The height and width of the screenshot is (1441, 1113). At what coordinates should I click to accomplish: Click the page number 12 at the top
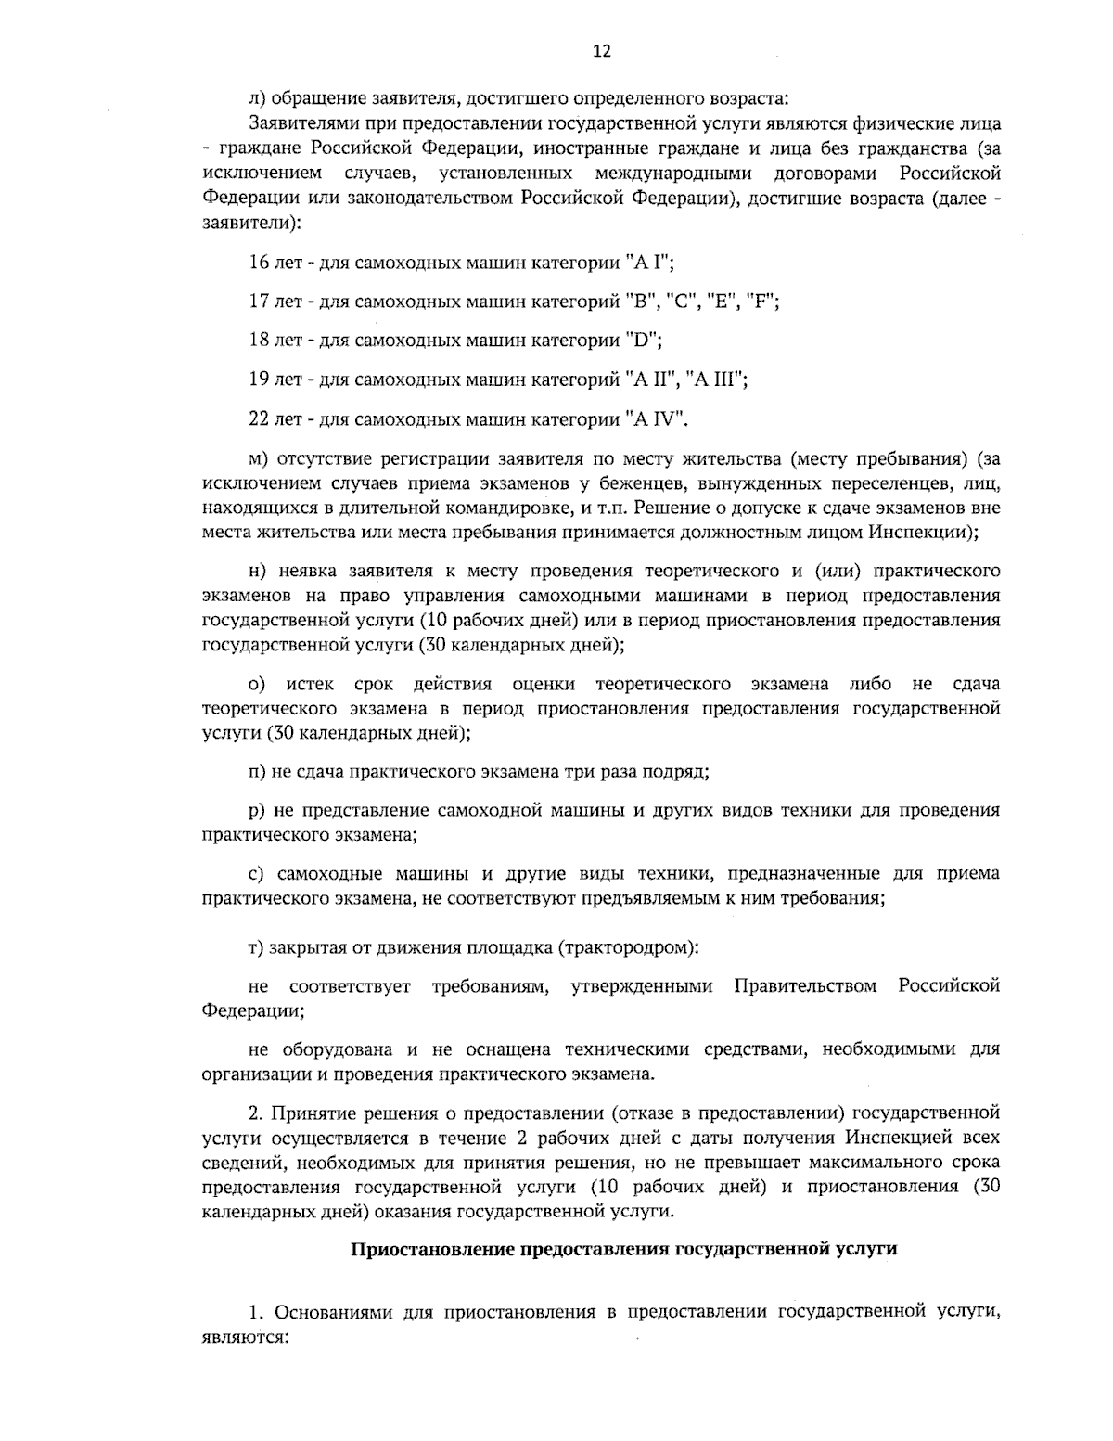[601, 51]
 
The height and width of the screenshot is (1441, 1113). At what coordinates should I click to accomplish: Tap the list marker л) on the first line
[256, 97]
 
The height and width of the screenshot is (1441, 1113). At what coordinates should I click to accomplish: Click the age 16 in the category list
[259, 263]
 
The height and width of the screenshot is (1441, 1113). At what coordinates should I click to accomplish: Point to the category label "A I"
[647, 263]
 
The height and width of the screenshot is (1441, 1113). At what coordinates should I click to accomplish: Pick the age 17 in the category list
[259, 302]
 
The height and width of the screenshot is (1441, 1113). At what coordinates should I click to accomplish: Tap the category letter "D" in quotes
[646, 340]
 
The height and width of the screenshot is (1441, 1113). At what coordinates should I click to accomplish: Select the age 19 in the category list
[259, 379]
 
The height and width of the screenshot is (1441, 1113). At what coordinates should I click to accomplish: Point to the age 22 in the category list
[259, 418]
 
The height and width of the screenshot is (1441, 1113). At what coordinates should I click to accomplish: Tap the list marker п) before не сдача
[257, 771]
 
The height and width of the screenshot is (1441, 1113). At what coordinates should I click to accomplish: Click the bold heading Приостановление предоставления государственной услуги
[622, 1249]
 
